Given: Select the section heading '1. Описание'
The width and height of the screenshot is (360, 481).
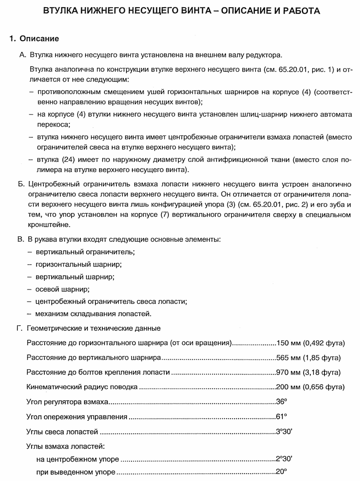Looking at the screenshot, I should (x=34, y=39).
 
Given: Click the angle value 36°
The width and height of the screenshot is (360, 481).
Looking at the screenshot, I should (x=282, y=402).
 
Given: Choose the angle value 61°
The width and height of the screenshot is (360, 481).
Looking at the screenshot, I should (x=282, y=417).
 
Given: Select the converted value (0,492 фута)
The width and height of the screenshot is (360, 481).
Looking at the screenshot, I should (x=324, y=343).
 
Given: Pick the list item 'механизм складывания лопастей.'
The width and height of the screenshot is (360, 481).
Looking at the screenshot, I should (x=93, y=314).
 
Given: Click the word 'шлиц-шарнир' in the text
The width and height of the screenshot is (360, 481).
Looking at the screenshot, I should (x=261, y=115).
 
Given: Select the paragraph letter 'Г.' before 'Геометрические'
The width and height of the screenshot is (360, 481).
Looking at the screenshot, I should (x=20, y=328).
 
